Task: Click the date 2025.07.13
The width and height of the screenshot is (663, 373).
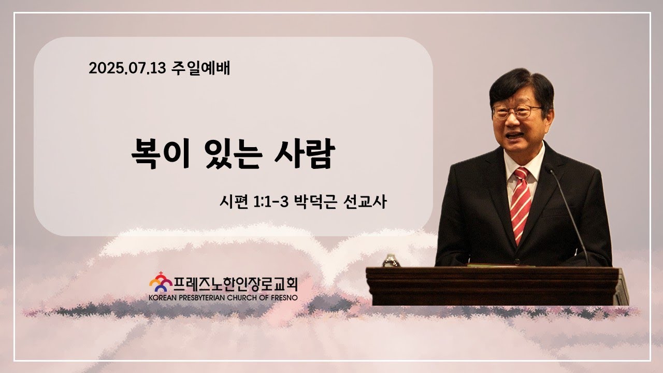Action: [x=127, y=68]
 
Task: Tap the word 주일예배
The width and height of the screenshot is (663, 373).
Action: [x=200, y=68]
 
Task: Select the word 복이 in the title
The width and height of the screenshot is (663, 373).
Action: [x=160, y=154]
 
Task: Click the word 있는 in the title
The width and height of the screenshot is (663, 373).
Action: [x=234, y=154]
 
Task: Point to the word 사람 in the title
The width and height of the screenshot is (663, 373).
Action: [x=305, y=154]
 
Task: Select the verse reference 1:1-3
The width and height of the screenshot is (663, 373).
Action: [x=270, y=202]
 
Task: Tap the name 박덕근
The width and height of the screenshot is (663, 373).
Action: [x=315, y=202]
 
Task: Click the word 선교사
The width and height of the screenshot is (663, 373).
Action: [x=365, y=202]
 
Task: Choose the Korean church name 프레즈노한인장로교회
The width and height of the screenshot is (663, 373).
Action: [x=235, y=284]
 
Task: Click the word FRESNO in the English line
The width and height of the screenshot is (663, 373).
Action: [x=284, y=298]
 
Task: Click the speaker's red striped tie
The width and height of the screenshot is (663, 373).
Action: [x=521, y=204]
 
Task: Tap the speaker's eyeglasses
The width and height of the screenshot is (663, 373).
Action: [x=516, y=112]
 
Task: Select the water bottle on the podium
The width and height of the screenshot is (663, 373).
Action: [x=391, y=261]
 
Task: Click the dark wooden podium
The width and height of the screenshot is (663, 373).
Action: [x=497, y=285]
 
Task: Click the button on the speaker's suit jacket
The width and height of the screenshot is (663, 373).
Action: [x=517, y=262]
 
